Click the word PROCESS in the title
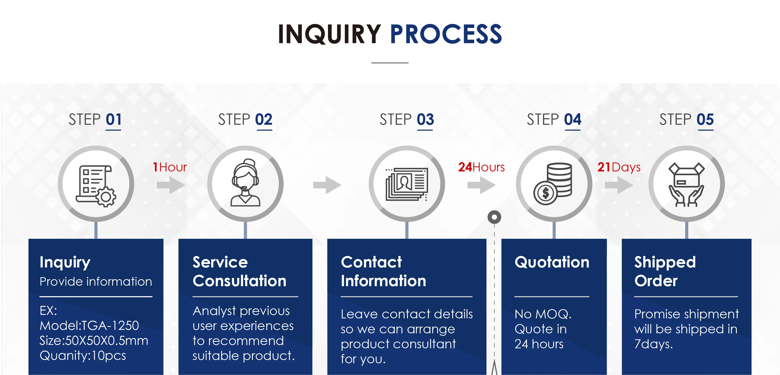(446, 34)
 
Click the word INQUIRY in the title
(329, 34)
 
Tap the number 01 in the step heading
(114, 120)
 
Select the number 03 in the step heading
(425, 120)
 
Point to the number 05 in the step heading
(705, 120)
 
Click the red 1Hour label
(170, 167)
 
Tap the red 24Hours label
(481, 167)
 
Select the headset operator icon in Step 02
(245, 183)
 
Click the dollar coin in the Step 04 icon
(546, 193)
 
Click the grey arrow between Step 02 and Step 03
(327, 185)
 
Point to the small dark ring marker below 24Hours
(494, 217)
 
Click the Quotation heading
(552, 262)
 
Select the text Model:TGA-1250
(89, 326)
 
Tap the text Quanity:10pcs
(83, 356)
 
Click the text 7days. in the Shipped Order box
(653, 344)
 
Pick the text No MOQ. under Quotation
(543, 314)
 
